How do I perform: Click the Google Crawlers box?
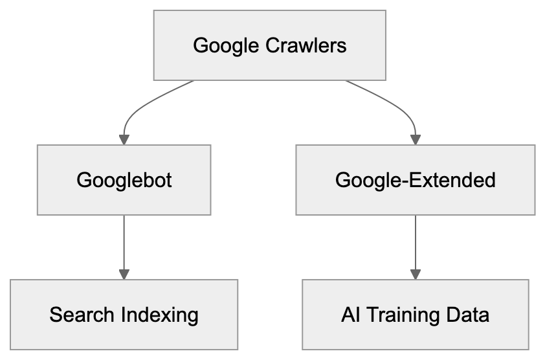pyautogui.click(x=269, y=45)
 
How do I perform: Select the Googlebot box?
pyautogui.click(x=124, y=179)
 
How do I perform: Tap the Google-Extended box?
pyautogui.click(x=415, y=179)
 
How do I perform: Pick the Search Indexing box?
pyautogui.click(x=124, y=315)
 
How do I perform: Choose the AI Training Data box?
pyautogui.click(x=415, y=315)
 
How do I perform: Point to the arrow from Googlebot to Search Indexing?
pyautogui.click(x=124, y=243)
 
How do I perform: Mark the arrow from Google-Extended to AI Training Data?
pyautogui.click(x=415, y=243)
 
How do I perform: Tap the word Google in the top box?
pyautogui.click(x=223, y=46)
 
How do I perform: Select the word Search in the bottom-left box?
pyautogui.click(x=82, y=315)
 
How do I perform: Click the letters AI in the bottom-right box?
pyautogui.click(x=349, y=315)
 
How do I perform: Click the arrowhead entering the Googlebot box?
pyautogui.click(x=124, y=139)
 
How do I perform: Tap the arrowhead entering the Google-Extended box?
pyautogui.click(x=415, y=139)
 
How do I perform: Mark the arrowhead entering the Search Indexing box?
pyautogui.click(x=124, y=273)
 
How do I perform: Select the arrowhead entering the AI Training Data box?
pyautogui.click(x=415, y=273)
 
